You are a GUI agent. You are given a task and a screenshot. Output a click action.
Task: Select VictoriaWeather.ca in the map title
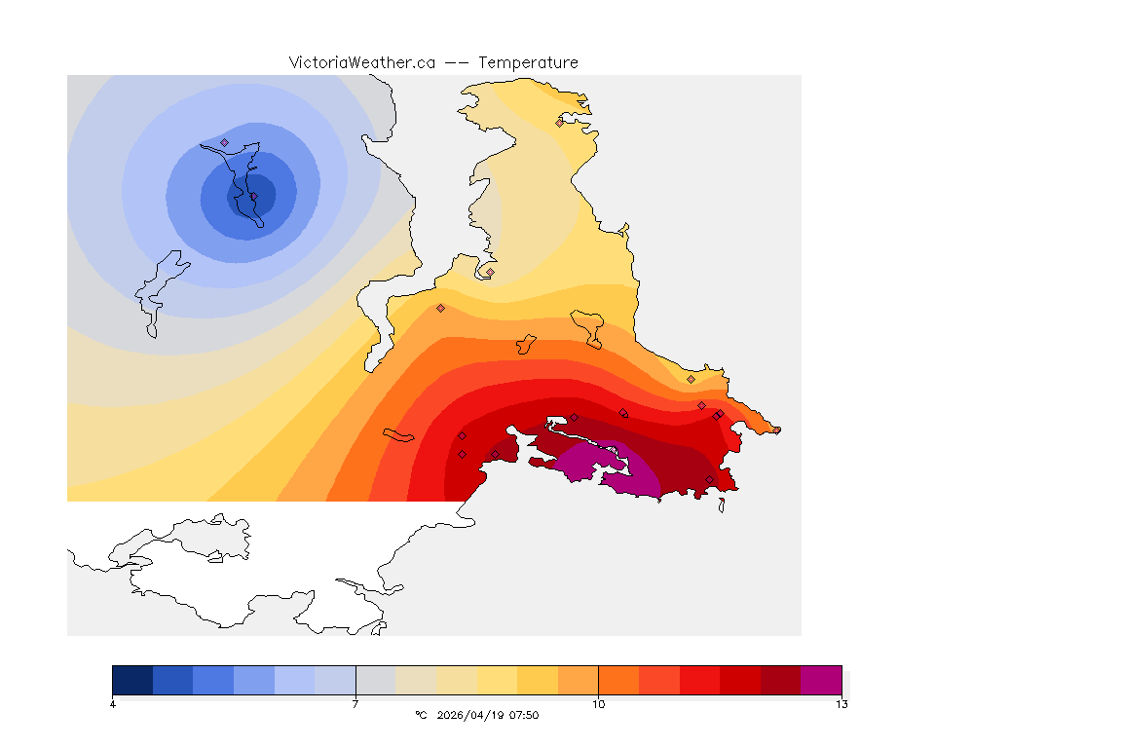click(x=361, y=62)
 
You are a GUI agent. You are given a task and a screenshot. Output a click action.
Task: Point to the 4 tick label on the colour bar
click(x=113, y=704)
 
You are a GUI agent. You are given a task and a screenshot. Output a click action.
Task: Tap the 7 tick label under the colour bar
click(x=355, y=704)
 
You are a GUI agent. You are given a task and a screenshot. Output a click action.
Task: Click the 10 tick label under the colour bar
click(x=598, y=704)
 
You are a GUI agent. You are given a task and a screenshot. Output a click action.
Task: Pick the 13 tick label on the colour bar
click(x=841, y=704)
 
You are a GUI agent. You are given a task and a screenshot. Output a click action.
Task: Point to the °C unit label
click(x=421, y=715)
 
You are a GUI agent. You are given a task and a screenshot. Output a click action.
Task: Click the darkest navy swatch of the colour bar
click(x=132, y=680)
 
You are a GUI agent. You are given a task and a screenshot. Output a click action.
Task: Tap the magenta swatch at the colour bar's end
click(x=821, y=680)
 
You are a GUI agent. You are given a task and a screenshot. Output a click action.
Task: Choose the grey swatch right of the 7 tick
click(x=375, y=680)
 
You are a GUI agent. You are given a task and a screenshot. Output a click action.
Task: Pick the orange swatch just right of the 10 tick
click(x=618, y=680)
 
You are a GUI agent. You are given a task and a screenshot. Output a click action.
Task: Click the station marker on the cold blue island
click(x=224, y=142)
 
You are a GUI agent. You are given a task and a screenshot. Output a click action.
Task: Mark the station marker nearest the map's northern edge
click(x=559, y=123)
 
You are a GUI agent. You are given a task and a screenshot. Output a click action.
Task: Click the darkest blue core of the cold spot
click(x=251, y=195)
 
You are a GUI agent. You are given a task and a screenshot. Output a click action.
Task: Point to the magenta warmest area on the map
click(x=633, y=472)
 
